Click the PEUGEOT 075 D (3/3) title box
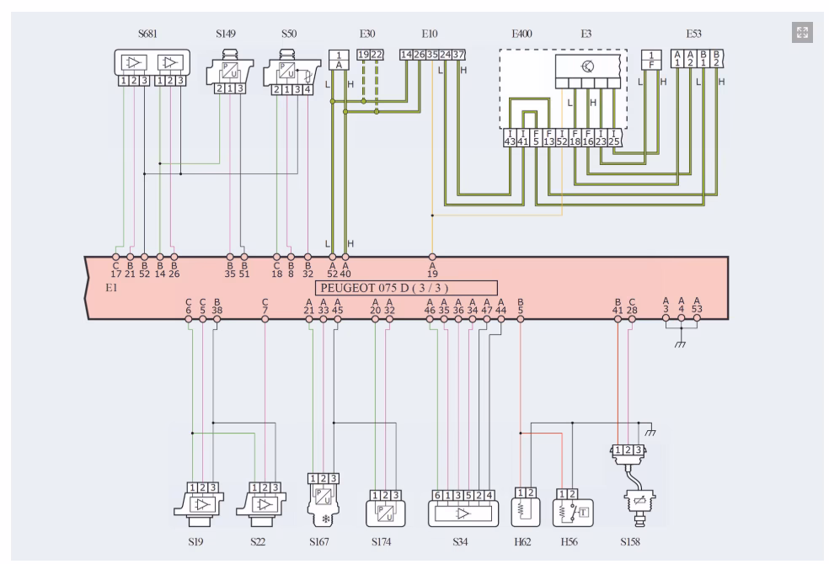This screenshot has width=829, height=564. [405, 287]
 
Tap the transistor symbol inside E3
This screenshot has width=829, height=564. [587, 66]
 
